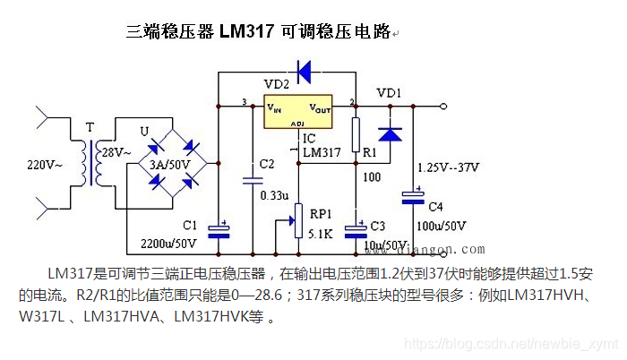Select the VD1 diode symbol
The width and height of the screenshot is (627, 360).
(390, 133)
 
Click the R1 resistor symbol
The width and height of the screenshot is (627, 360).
(356, 135)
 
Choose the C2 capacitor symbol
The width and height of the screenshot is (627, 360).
(252, 179)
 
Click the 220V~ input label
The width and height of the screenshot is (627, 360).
(45, 165)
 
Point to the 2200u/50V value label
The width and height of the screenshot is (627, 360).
(168, 243)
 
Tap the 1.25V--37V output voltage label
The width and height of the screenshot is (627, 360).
(449, 167)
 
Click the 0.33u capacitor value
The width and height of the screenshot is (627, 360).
(274, 195)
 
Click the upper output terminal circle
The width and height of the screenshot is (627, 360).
(445, 107)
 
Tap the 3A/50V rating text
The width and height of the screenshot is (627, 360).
(170, 166)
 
